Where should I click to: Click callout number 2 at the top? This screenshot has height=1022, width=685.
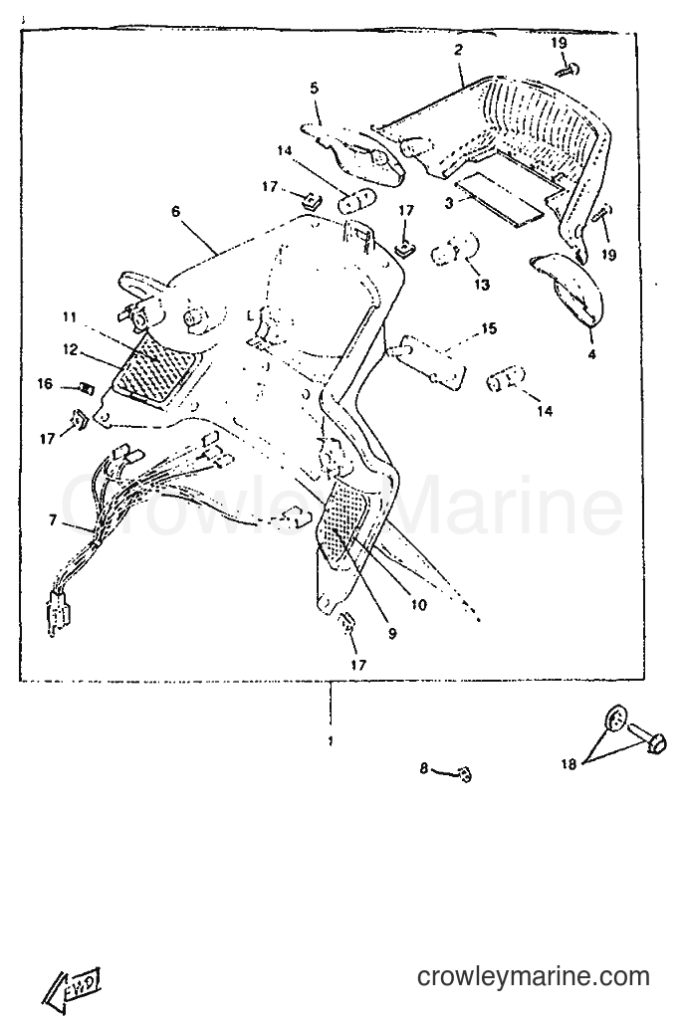[x=458, y=50]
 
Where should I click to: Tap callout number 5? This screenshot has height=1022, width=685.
[x=314, y=88]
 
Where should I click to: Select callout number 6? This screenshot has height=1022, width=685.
[x=175, y=211]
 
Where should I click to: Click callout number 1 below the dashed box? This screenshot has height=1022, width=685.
[x=331, y=741]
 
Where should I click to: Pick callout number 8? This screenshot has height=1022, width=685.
[x=424, y=769]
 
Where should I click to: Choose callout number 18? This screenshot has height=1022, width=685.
[x=569, y=763]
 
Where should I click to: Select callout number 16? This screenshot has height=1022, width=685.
[x=45, y=384]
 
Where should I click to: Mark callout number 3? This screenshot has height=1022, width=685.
[x=449, y=203]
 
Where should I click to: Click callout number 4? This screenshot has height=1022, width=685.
[x=591, y=354]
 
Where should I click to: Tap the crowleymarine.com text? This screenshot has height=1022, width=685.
[x=533, y=975]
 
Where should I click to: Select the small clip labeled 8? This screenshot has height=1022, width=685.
[x=465, y=774]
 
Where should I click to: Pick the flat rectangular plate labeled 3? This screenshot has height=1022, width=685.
[x=499, y=203]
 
